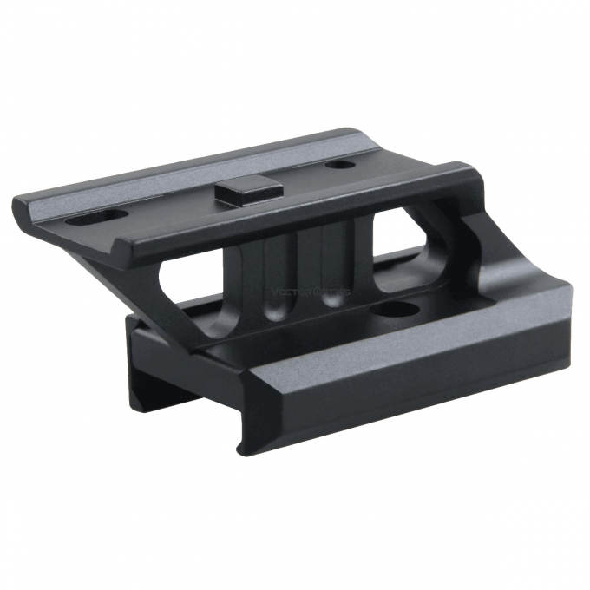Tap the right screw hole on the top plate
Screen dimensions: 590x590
point(334,165)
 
